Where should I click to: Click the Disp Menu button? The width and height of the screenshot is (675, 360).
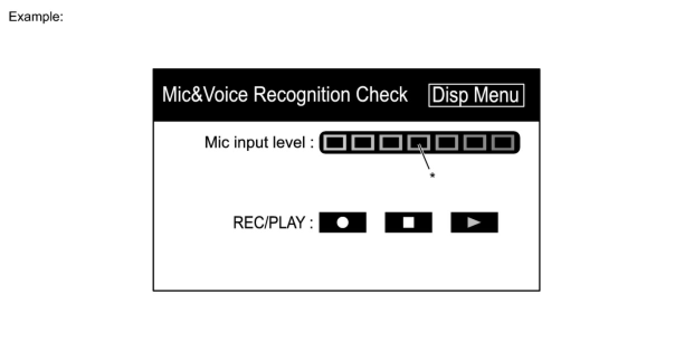(476, 95)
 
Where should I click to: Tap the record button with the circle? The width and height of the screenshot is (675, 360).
(343, 222)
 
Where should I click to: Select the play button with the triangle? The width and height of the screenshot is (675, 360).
(474, 222)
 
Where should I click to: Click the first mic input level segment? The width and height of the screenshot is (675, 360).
(335, 143)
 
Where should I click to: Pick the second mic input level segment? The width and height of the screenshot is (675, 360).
(363, 143)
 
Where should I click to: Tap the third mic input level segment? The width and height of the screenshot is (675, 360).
(391, 143)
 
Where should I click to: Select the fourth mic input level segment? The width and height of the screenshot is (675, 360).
(419, 143)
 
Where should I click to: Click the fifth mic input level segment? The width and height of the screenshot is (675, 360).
(446, 143)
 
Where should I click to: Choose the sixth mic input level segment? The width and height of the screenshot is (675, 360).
(474, 143)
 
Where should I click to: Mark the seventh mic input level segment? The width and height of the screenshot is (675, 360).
(502, 143)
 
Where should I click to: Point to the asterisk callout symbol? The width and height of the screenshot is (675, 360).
(432, 176)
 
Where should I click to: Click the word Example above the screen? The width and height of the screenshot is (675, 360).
(35, 17)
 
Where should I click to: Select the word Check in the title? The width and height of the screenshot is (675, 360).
(382, 95)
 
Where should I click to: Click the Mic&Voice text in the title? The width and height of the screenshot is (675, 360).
(205, 95)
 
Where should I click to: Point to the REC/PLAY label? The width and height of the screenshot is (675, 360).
(272, 223)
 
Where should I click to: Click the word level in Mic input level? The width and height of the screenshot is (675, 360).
(290, 143)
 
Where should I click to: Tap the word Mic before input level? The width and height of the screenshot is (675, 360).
(216, 143)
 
